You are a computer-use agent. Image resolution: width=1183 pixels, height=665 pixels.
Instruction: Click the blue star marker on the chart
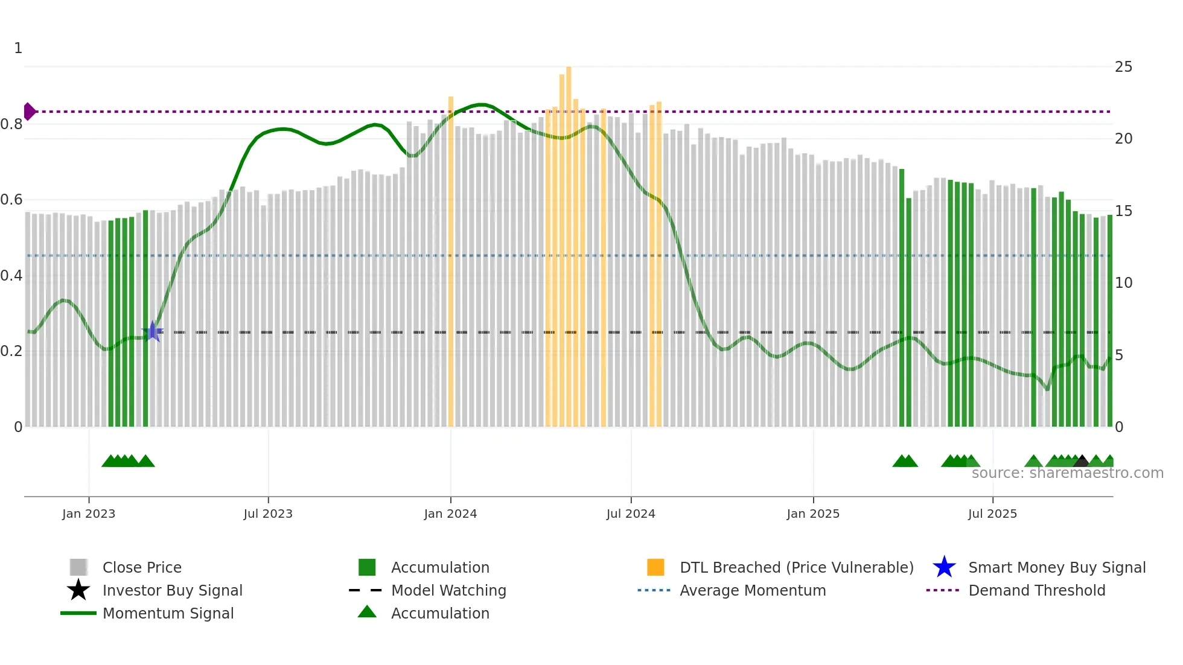pyautogui.click(x=153, y=331)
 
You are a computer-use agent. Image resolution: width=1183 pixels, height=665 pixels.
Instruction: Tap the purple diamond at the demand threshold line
pyautogui.click(x=29, y=112)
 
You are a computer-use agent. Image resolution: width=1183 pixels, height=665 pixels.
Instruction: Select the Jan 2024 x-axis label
pyautogui.click(x=450, y=514)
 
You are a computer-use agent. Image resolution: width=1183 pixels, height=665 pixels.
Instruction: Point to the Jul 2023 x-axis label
pyautogui.click(x=268, y=514)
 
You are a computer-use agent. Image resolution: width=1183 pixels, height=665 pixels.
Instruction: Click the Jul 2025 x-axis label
pyautogui.click(x=992, y=514)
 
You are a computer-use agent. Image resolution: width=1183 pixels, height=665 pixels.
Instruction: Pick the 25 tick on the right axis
pyautogui.click(x=1123, y=67)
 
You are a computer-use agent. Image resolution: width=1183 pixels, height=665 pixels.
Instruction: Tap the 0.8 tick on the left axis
pyautogui.click(x=12, y=124)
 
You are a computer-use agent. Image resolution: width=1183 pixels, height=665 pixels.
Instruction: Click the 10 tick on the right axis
pyautogui.click(x=1123, y=283)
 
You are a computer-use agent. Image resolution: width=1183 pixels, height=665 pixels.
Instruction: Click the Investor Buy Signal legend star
pyautogui.click(x=78, y=590)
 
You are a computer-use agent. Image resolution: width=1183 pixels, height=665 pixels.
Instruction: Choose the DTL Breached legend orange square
pyautogui.click(x=655, y=567)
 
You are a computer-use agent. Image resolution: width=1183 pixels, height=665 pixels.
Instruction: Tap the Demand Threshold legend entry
pyautogui.click(x=1036, y=590)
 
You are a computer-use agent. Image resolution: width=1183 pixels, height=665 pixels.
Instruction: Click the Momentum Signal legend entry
pyautogui.click(x=168, y=613)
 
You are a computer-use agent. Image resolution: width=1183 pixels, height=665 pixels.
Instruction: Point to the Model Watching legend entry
pyautogui.click(x=448, y=590)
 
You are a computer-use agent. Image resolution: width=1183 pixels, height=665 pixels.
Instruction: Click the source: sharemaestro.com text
pyautogui.click(x=1067, y=473)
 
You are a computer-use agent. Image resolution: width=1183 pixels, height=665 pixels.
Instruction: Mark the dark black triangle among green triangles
pyautogui.click(x=1081, y=462)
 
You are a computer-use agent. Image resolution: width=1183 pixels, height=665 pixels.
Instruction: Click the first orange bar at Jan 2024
pyautogui.click(x=451, y=259)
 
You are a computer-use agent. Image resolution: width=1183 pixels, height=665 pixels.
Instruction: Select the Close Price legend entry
pyautogui.click(x=141, y=567)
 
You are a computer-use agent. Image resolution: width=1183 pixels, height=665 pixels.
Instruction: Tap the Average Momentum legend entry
pyautogui.click(x=752, y=590)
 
